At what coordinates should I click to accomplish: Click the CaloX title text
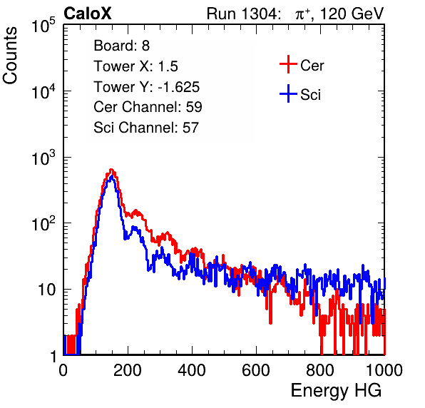(88, 14)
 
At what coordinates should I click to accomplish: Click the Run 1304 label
(242, 14)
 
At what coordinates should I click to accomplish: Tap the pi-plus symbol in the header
(302, 14)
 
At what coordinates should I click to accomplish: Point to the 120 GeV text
(352, 14)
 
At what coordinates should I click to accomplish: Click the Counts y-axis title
(10, 56)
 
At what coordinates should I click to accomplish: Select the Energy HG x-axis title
(336, 391)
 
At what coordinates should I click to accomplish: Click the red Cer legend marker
(288, 64)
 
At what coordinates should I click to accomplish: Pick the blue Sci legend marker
(288, 94)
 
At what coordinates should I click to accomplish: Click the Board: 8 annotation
(122, 46)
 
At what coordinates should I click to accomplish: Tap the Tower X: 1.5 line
(135, 66)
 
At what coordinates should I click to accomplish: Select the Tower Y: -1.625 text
(147, 87)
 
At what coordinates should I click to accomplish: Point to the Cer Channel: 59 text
(148, 107)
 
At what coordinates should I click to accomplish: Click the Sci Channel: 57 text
(146, 128)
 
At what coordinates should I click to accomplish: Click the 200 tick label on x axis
(128, 370)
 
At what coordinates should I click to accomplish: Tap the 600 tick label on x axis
(256, 370)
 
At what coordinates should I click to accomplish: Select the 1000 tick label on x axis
(384, 370)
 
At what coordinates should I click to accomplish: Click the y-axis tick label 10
(47, 290)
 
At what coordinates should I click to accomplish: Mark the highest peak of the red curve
(111, 170)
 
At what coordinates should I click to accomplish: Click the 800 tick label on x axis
(320, 370)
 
